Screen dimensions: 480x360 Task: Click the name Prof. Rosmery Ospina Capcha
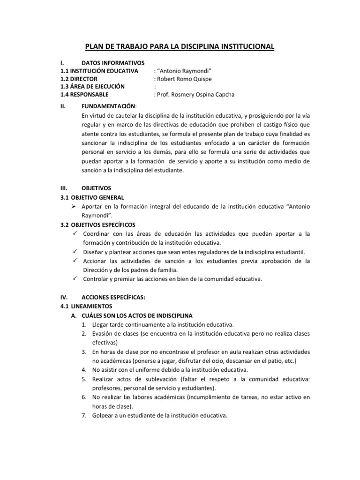click(x=196, y=95)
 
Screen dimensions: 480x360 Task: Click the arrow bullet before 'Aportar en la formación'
click(x=75, y=207)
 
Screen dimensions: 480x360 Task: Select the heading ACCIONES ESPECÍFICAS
click(x=114, y=297)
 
